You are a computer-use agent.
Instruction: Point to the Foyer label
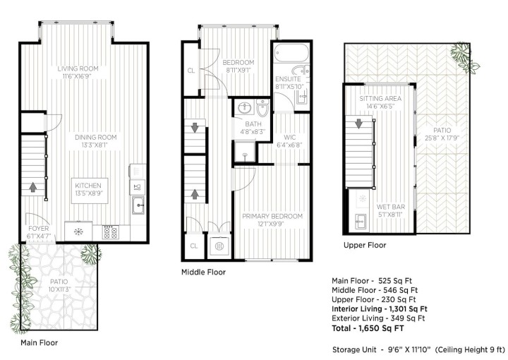(38, 227)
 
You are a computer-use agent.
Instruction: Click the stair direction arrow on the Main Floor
(32, 188)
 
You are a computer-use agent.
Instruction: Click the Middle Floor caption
(204, 271)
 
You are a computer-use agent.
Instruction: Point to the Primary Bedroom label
(272, 216)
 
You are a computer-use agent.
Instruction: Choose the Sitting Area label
(380, 98)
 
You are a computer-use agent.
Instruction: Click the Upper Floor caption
(365, 245)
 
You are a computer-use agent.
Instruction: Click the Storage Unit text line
(418, 349)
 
